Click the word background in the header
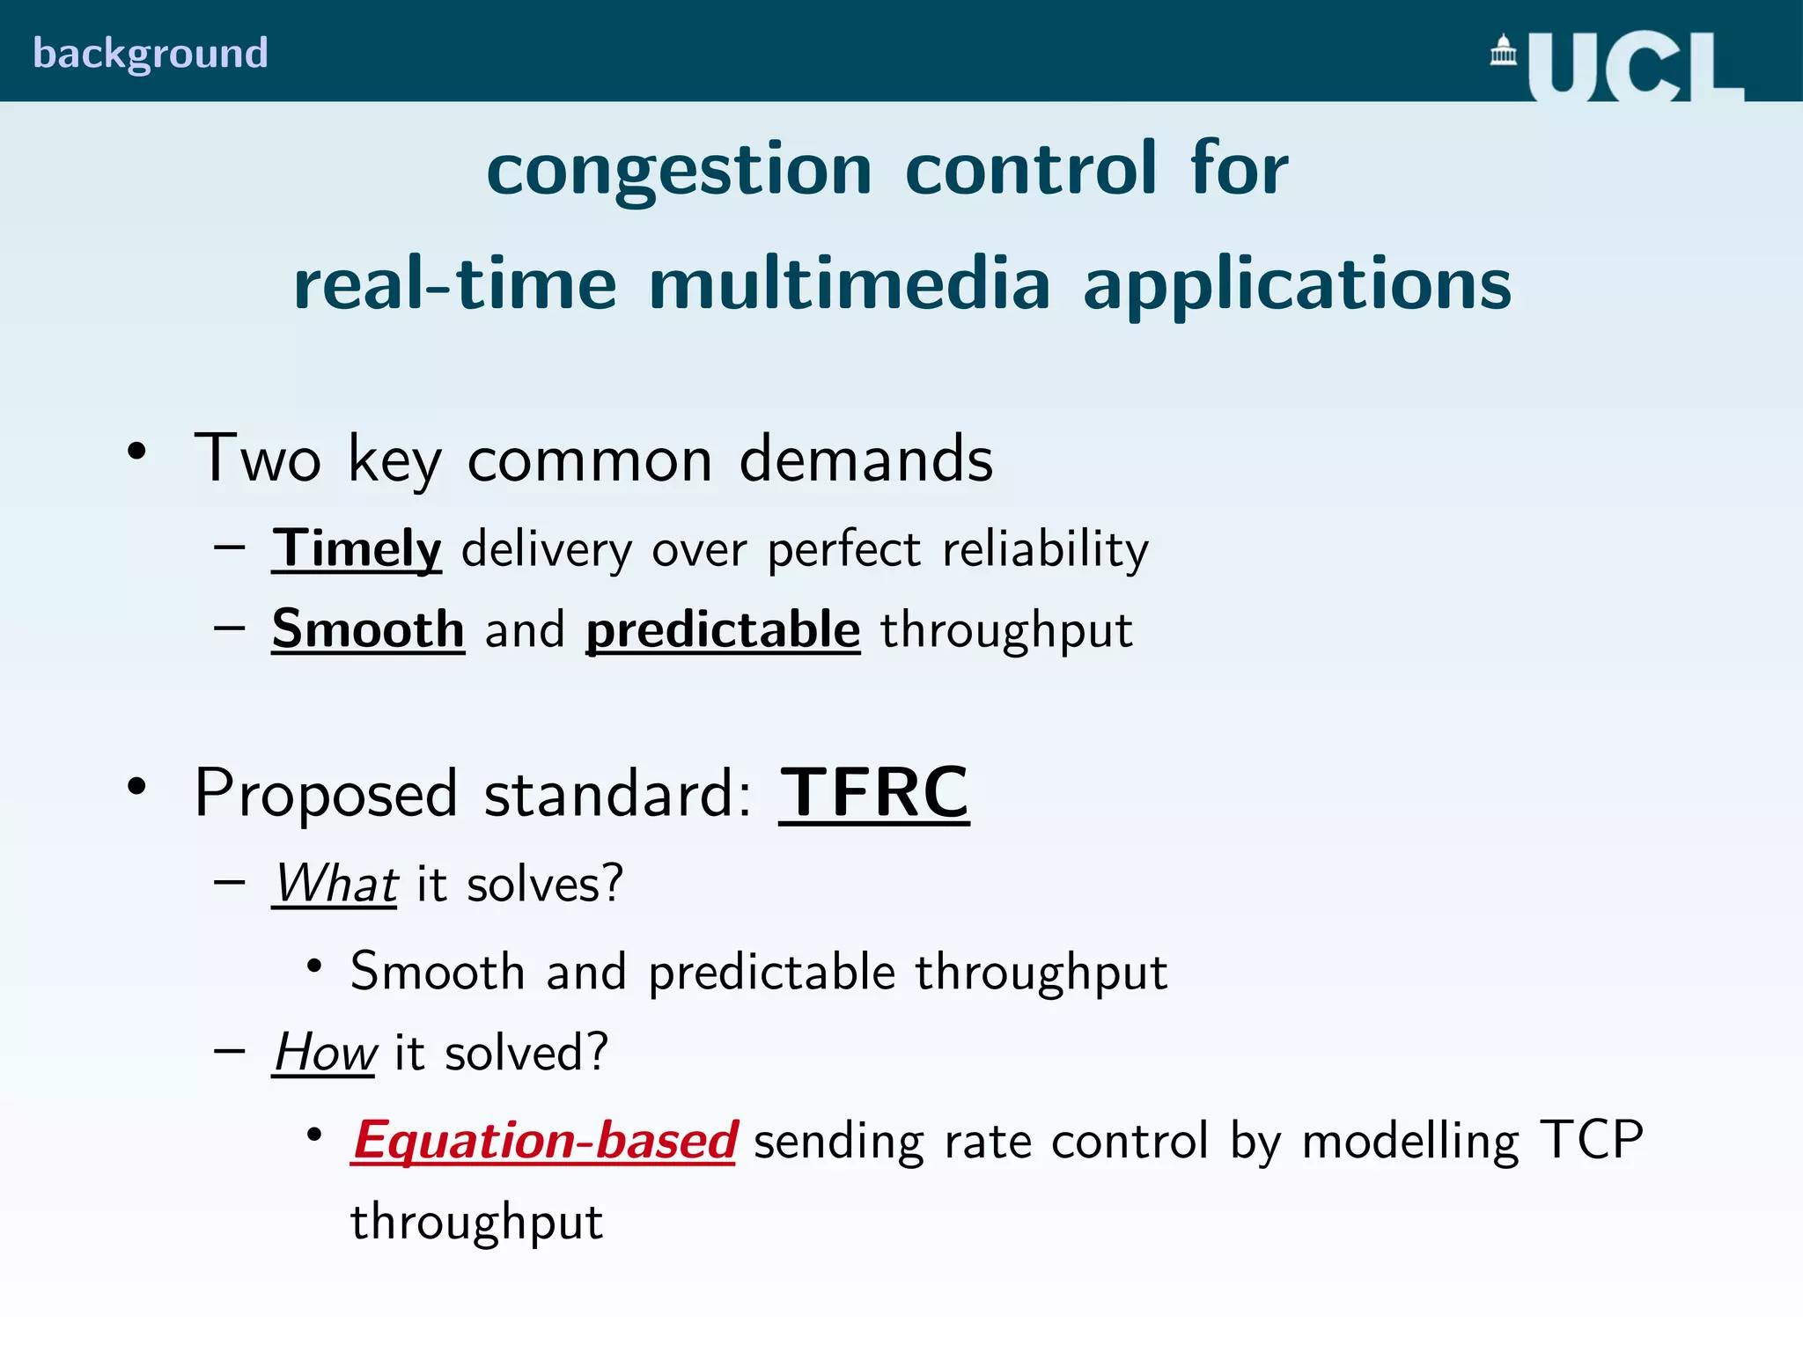pyautogui.click(x=151, y=54)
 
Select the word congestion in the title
pyautogui.click(x=679, y=169)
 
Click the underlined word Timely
pyautogui.click(x=357, y=548)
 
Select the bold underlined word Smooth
pyautogui.click(x=368, y=629)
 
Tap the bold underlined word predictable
pyautogui.click(x=723, y=629)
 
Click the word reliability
pyautogui.click(x=1045, y=548)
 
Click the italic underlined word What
pyautogui.click(x=335, y=883)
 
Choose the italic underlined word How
pyautogui.click(x=325, y=1051)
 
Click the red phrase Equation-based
pyautogui.click(x=544, y=1141)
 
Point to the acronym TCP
pyautogui.click(x=1591, y=1140)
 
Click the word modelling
pyautogui.click(x=1410, y=1141)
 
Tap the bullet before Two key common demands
pyautogui.click(x=136, y=452)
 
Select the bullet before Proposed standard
pyautogui.click(x=136, y=786)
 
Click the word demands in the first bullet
pyautogui.click(x=865, y=459)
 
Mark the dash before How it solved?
pyautogui.click(x=229, y=1050)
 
